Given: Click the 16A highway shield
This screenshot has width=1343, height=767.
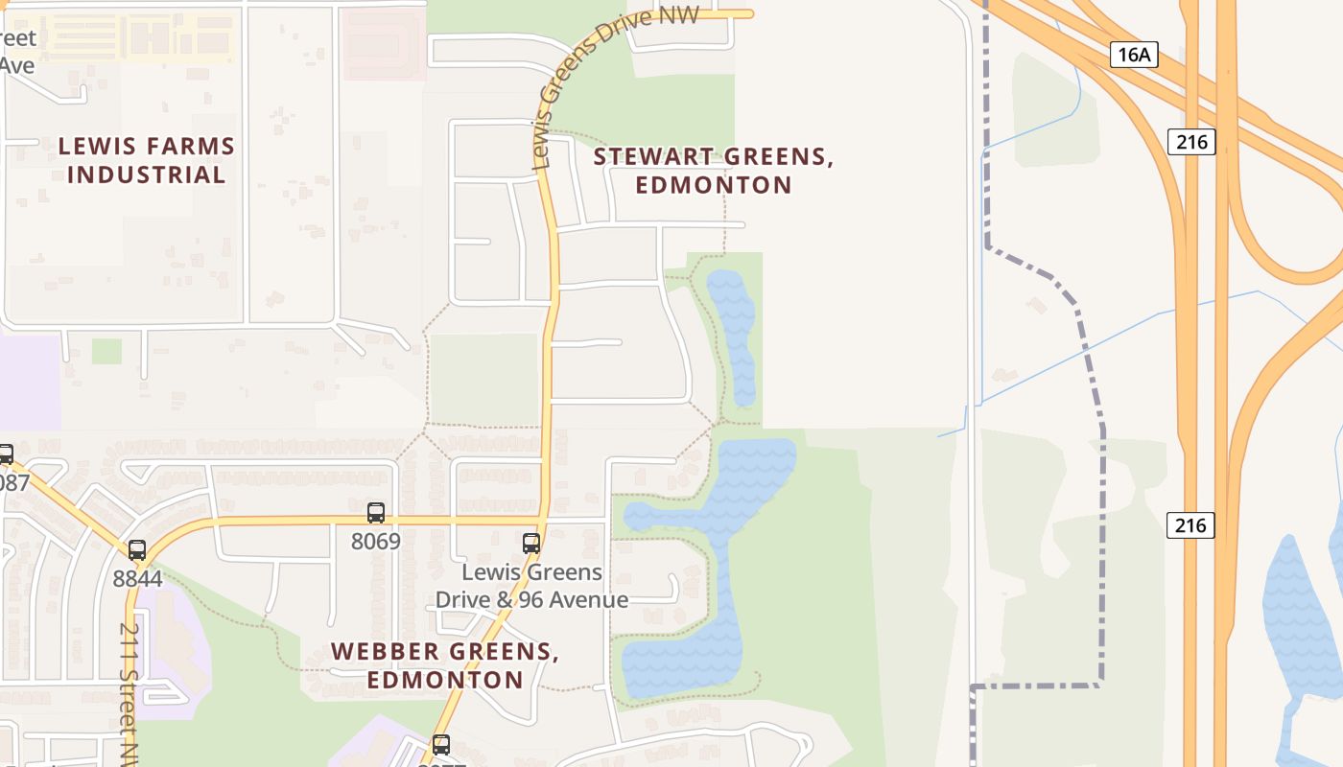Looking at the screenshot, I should pyautogui.click(x=1134, y=55).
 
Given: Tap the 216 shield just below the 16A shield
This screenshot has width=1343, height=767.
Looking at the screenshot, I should pyautogui.click(x=1191, y=142).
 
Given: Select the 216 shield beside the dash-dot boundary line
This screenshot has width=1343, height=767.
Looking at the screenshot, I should pyautogui.click(x=1190, y=525).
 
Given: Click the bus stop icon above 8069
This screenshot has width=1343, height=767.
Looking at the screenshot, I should pyautogui.click(x=375, y=513).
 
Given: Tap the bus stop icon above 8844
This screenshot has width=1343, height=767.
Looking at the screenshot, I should pyautogui.click(x=137, y=550).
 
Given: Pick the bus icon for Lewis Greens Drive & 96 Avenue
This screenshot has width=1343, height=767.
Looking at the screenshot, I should pyautogui.click(x=530, y=544).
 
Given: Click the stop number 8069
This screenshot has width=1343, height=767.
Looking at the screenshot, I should pyautogui.click(x=375, y=541).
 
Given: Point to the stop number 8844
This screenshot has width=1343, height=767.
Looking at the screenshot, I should pyautogui.click(x=137, y=578).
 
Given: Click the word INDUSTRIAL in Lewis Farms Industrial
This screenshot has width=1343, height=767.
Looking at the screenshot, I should pyautogui.click(x=147, y=174).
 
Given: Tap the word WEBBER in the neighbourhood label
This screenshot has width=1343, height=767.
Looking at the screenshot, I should pyautogui.click(x=376, y=652).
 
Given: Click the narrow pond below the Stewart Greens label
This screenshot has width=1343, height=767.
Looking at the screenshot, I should pyautogui.click(x=733, y=336).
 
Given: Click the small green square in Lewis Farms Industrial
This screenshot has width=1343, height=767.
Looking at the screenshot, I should pyautogui.click(x=106, y=351).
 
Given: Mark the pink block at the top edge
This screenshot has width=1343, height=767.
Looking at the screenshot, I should pyautogui.click(x=384, y=43).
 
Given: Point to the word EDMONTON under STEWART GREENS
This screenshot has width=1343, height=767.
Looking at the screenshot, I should pyautogui.click(x=714, y=185).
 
